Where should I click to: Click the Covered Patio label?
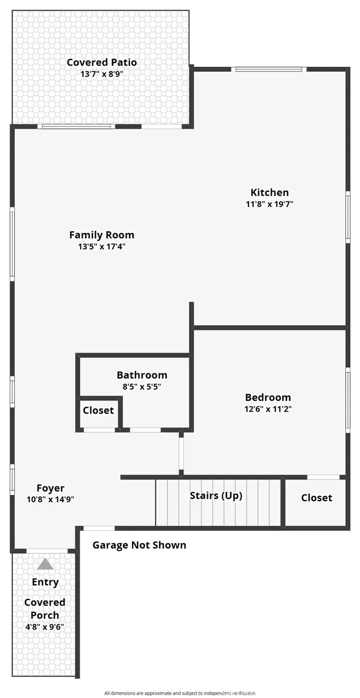(x=102, y=62)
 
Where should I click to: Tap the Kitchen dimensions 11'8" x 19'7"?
(x=269, y=204)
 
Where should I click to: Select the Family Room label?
(x=102, y=235)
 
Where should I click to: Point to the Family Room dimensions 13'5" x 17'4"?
(x=102, y=247)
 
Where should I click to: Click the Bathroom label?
(x=142, y=375)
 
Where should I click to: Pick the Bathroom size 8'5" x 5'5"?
(x=142, y=387)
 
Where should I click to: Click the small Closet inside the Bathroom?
(x=98, y=411)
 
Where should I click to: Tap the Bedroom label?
(x=268, y=397)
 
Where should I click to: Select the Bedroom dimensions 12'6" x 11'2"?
(x=268, y=409)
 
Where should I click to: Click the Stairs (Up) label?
(x=216, y=496)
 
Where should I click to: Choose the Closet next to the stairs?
(x=316, y=498)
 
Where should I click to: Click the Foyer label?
(x=50, y=488)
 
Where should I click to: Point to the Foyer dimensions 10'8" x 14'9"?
(x=50, y=499)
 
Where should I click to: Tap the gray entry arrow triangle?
(x=45, y=564)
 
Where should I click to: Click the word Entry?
(x=45, y=582)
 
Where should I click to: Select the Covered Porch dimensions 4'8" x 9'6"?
(x=45, y=627)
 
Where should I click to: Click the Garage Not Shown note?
(x=139, y=545)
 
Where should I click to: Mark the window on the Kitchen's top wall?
(x=269, y=70)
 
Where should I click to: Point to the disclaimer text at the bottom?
(x=180, y=693)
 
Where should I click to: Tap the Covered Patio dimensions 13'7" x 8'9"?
(x=102, y=74)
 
